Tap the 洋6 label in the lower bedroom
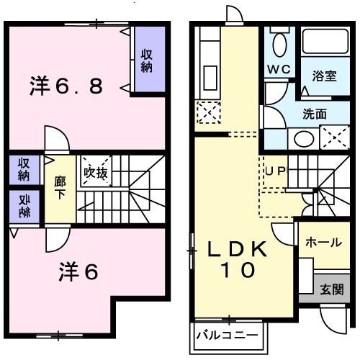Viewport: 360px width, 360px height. click(77, 271)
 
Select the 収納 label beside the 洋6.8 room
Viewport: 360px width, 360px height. click(146, 60)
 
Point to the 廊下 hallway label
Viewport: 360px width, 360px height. click(59, 187)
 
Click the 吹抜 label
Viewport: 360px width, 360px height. click(96, 173)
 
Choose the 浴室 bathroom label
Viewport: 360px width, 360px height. click(324, 76)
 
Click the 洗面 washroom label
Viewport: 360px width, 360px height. click(315, 113)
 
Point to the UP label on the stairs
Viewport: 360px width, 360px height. click(275, 171)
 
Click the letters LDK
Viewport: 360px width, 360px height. click(238, 251)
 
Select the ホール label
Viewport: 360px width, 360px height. click(323, 243)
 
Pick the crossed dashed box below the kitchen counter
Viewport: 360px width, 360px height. click(207, 112)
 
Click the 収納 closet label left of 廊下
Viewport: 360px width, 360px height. click(24, 168)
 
